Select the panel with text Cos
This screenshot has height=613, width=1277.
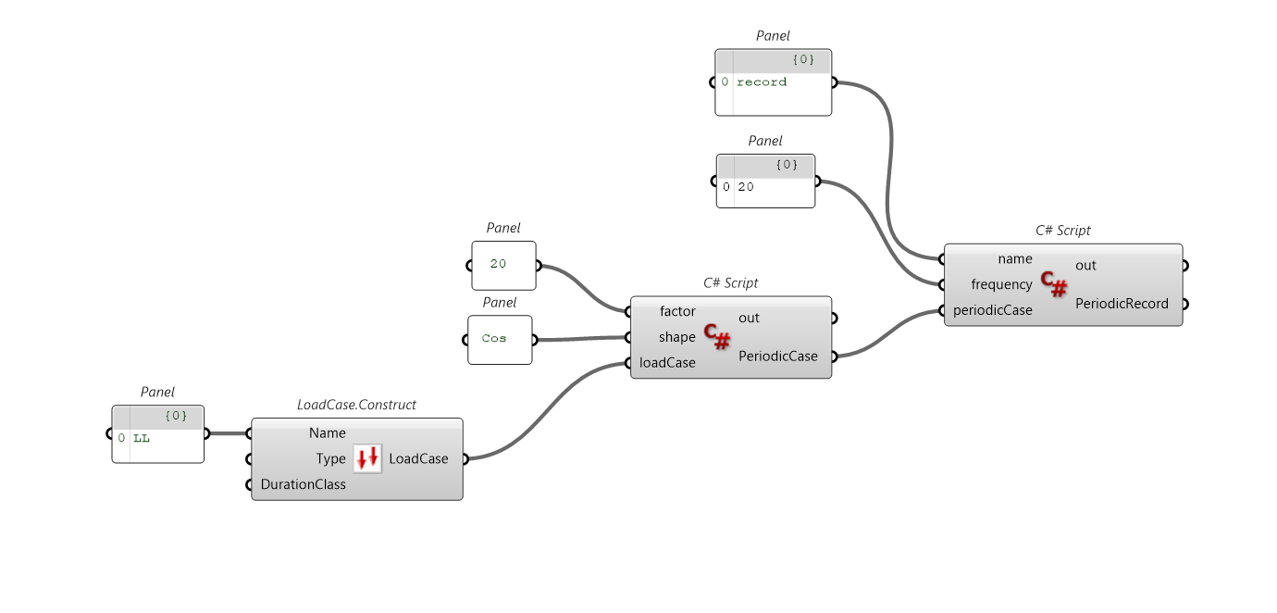pyautogui.click(x=500, y=339)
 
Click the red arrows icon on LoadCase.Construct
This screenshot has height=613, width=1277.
pyautogui.click(x=367, y=458)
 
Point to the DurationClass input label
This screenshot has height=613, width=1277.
pyautogui.click(x=304, y=484)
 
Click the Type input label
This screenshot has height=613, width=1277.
pyautogui.click(x=330, y=459)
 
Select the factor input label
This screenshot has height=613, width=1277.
pyautogui.click(x=677, y=311)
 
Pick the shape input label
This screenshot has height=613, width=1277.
pyautogui.click(x=676, y=337)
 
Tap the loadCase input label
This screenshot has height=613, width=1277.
pyautogui.click(x=667, y=363)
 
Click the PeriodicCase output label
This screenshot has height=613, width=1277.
pyautogui.click(x=778, y=356)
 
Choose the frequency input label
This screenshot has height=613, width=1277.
pyautogui.click(x=1001, y=284)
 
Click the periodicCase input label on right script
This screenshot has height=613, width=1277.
pyautogui.click(x=993, y=310)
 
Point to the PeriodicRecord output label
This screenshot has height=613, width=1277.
pyautogui.click(x=1122, y=303)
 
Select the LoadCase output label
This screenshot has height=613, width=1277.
pyautogui.click(x=418, y=458)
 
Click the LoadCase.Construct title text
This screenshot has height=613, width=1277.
pyautogui.click(x=356, y=405)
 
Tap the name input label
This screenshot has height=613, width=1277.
pyautogui.click(x=1015, y=258)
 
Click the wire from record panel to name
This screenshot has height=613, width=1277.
pyautogui.click(x=890, y=167)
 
